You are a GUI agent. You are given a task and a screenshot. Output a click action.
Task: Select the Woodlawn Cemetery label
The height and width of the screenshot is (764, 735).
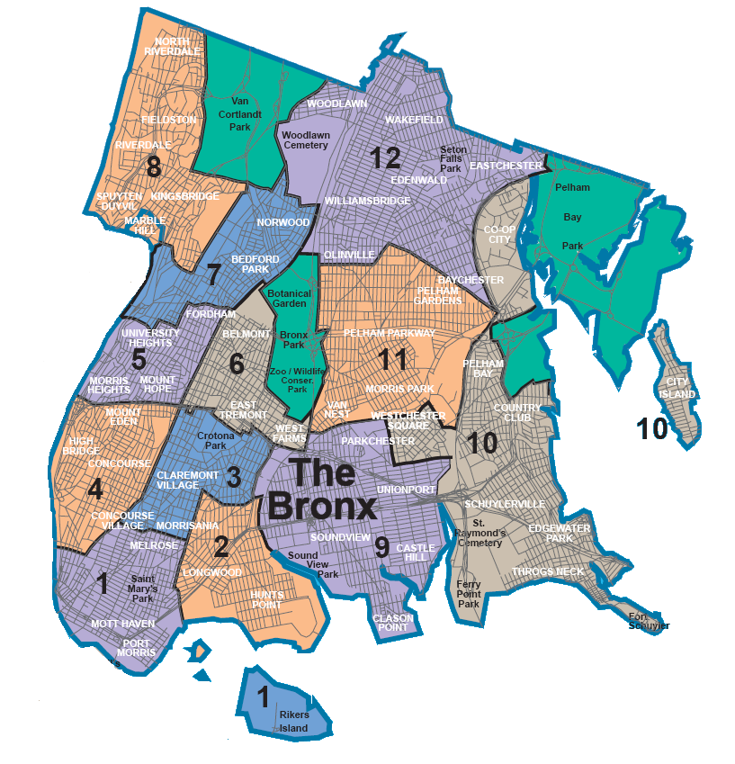pyautogui.click(x=307, y=140)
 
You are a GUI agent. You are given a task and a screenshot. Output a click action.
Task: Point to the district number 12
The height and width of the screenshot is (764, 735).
pyautogui.click(x=384, y=158)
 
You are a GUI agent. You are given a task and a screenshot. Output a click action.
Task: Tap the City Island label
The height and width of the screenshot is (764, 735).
pyautogui.click(x=677, y=389)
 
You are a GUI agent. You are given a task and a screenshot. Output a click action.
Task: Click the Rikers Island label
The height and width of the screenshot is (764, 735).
pyautogui.click(x=293, y=722)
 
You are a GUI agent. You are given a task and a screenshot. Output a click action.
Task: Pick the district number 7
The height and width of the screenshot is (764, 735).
pyautogui.click(x=213, y=274)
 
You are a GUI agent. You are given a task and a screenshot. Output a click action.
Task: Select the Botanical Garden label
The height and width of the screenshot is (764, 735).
pyautogui.click(x=288, y=299)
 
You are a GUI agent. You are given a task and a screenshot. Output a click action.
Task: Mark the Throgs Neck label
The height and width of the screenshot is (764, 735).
pyautogui.click(x=548, y=571)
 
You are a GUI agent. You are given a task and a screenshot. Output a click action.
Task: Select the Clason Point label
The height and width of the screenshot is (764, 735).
pyautogui.click(x=393, y=623)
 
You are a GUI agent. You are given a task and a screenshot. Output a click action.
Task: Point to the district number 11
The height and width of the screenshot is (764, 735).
pyautogui.click(x=392, y=360)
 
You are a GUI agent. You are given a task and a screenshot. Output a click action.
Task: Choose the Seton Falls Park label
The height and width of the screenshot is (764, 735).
pyautogui.click(x=451, y=159)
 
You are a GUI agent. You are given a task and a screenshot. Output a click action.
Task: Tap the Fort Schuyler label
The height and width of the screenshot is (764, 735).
pyautogui.click(x=649, y=620)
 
